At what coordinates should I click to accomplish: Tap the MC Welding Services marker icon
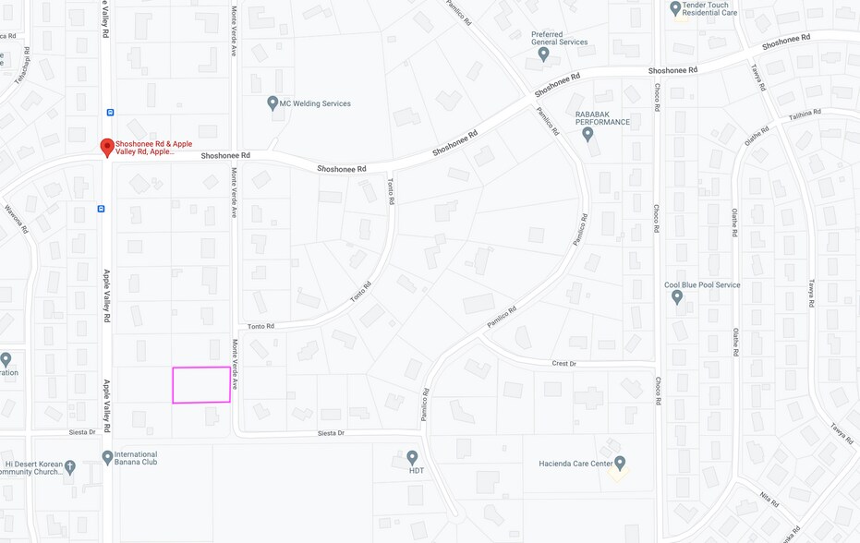[x=273, y=103]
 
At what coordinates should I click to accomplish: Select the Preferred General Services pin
[x=543, y=54]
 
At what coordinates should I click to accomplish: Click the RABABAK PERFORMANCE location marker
[x=587, y=134]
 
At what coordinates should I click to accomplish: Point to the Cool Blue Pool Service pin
[x=677, y=297]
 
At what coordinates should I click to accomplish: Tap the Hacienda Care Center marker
[x=620, y=463]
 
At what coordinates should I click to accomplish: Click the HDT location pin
[x=412, y=457]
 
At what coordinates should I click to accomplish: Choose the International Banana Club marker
[x=107, y=457]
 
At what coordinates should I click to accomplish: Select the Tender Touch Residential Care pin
[x=675, y=8]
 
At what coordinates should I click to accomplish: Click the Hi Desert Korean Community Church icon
[x=70, y=467]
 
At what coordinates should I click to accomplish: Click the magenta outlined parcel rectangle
[x=201, y=384]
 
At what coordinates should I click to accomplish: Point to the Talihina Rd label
[x=805, y=114]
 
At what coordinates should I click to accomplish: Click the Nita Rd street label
[x=769, y=500]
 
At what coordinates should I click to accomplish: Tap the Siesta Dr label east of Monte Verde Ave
[x=331, y=433]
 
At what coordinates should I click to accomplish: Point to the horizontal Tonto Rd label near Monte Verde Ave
[x=261, y=326]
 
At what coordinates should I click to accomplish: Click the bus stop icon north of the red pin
[x=110, y=113]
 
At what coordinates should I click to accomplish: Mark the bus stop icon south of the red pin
[x=101, y=209]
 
